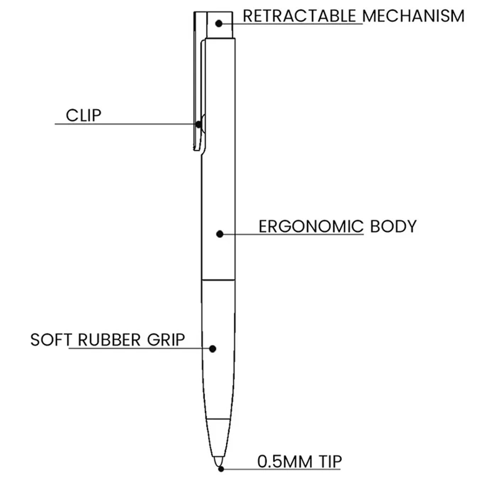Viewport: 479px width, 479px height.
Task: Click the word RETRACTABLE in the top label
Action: [x=300, y=16]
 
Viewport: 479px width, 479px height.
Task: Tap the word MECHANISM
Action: [x=413, y=16]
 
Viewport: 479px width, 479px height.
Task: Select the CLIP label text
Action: [x=84, y=115]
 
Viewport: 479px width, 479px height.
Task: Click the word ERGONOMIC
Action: [x=311, y=227]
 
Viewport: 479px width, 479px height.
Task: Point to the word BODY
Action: [x=393, y=227]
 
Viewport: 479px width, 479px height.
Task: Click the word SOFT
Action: [x=51, y=340]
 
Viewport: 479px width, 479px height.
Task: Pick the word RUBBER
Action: [x=109, y=340]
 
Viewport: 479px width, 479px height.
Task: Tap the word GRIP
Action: [x=166, y=340]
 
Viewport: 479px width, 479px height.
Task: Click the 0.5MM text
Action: [x=285, y=462]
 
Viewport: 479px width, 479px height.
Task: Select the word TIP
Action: [x=331, y=462]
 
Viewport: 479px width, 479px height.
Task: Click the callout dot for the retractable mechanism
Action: [x=219, y=24]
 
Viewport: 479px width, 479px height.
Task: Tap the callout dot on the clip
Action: [x=198, y=124]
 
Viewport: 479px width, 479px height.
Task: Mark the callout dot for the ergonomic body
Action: [x=220, y=234]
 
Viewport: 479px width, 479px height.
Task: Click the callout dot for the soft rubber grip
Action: [x=213, y=349]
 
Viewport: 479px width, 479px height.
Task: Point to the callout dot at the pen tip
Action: [x=221, y=469]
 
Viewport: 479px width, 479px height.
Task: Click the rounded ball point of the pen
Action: [x=218, y=461]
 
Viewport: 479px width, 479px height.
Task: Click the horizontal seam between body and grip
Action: [x=218, y=280]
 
